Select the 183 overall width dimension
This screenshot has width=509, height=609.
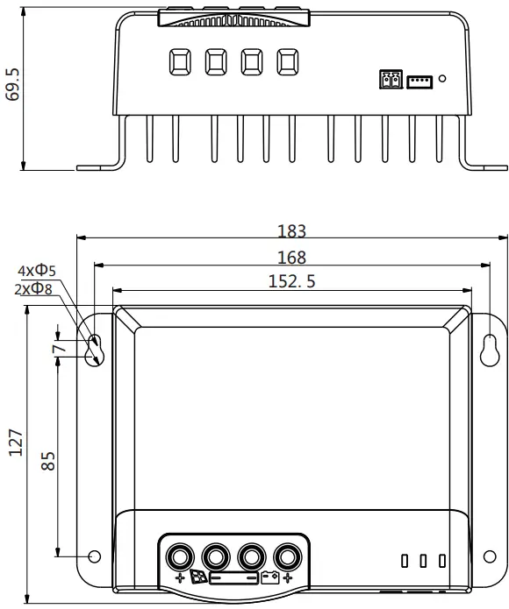click(x=291, y=231)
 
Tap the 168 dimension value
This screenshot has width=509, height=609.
click(x=291, y=258)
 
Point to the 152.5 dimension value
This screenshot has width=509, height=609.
click(x=291, y=281)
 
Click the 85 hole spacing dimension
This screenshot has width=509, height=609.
click(x=49, y=460)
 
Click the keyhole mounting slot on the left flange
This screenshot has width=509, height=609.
click(x=95, y=348)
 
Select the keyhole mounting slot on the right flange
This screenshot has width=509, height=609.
click(x=489, y=348)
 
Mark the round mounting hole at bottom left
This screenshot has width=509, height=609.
click(x=95, y=555)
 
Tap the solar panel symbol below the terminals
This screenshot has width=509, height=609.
click(x=199, y=578)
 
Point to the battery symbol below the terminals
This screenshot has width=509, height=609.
click(x=269, y=578)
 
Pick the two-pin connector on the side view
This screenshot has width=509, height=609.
click(x=389, y=80)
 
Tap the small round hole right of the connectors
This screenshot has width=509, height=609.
click(x=442, y=79)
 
